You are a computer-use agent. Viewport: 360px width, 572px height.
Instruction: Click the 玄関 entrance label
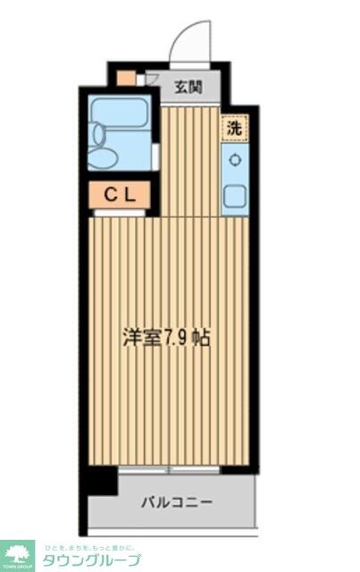[x=187, y=87]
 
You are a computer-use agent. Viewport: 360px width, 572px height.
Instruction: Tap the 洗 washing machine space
[x=233, y=128]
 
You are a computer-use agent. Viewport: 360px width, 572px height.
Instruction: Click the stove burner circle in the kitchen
[x=235, y=160]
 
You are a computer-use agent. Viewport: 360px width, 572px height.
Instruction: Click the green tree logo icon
[x=16, y=554]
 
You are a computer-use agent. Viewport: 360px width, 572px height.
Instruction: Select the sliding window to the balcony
[x=171, y=468]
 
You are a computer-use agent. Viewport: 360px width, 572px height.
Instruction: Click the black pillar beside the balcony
[x=101, y=481]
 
